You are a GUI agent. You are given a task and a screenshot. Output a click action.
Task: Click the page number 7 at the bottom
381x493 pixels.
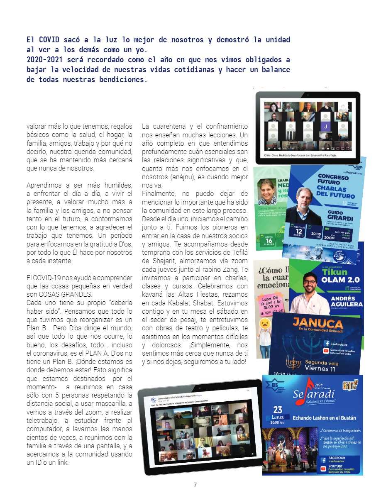point(195,485)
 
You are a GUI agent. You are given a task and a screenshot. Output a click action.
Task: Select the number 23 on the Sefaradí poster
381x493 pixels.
point(277,410)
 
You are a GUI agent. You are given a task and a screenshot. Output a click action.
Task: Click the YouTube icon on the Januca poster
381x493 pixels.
point(327,352)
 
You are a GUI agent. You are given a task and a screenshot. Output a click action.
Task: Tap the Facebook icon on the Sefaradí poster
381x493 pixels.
point(322,460)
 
